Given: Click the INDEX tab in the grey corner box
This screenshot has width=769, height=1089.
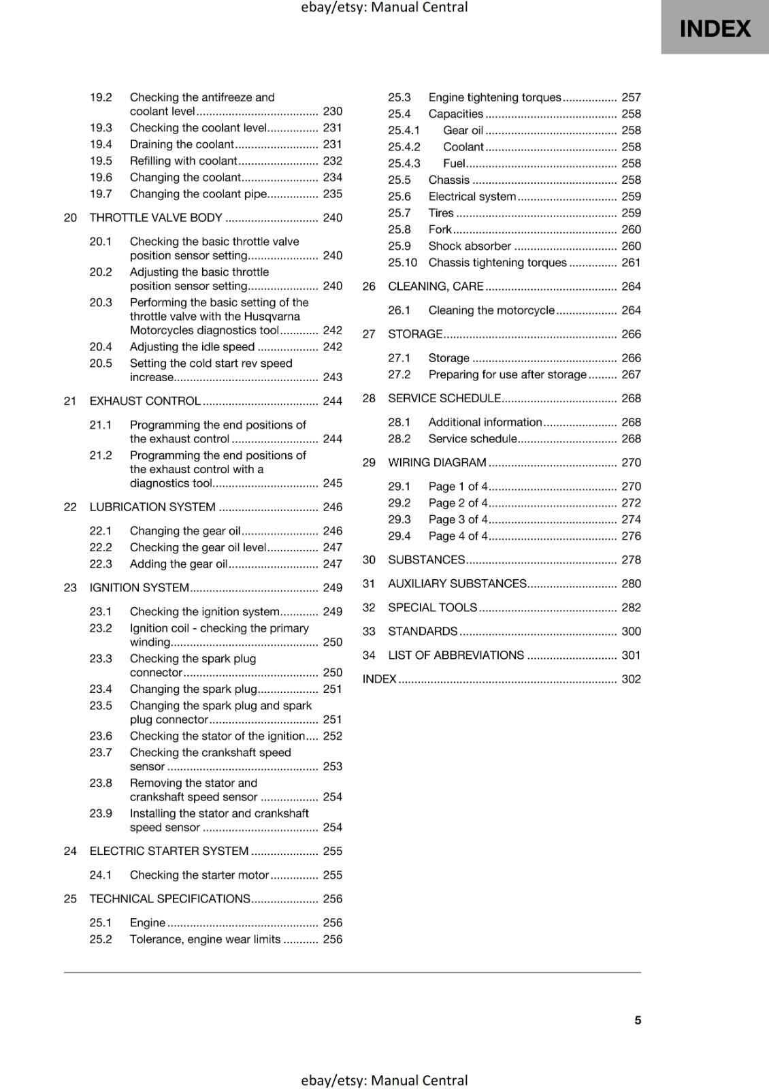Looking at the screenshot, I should pos(715,29).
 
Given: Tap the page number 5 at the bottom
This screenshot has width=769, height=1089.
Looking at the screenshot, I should pos(638,1020).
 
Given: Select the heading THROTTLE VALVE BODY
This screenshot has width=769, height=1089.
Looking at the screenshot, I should pos(156,218).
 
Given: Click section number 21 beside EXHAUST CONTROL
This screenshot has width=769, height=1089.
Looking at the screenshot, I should pos(70,401).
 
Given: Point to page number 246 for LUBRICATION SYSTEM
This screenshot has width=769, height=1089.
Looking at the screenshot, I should pos(332,507).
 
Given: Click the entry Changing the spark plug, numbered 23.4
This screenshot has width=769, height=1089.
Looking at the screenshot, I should pos(193,689).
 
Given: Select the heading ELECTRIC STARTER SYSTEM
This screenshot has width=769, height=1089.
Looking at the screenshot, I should pos(169,851).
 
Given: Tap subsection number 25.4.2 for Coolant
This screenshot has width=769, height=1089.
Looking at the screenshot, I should pos(404,147).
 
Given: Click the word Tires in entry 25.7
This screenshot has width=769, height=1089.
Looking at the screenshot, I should pos(441,213).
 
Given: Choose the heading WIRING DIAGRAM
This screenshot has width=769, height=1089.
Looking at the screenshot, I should pos(437,463).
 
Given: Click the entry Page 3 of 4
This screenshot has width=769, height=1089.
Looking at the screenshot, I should pos(458,519).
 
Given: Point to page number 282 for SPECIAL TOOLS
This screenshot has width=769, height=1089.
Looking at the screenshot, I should pos(631,608).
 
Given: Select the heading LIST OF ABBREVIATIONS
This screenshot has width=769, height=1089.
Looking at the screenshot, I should pos(456,655).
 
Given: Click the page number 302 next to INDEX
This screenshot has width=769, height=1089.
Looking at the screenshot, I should pos(631,679).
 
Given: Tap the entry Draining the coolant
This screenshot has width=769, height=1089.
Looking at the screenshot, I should pos(182,144).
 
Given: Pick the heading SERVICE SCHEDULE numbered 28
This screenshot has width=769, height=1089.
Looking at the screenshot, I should pos(444,398).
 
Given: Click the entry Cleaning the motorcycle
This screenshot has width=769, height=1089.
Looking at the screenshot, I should pos(491,310).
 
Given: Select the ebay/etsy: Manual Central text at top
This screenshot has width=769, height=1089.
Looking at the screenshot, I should pos(384,7).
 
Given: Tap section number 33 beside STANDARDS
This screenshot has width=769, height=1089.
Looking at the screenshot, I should pos(369,632).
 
